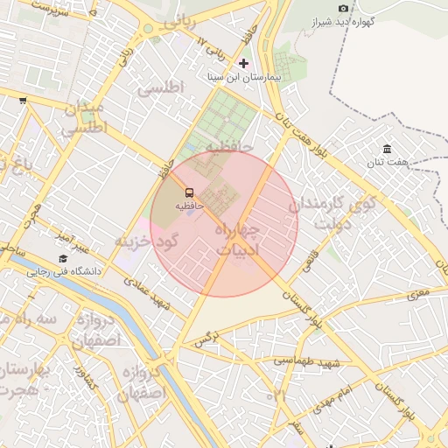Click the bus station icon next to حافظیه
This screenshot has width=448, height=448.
click(x=189, y=192)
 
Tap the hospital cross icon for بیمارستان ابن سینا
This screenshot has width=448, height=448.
click(x=243, y=63)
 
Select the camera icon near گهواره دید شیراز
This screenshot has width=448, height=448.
click(x=342, y=8)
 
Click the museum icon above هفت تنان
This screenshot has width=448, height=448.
click(x=388, y=149)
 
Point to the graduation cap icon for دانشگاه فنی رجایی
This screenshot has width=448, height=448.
click(x=63, y=259)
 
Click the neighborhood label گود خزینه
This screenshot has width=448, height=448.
click(x=147, y=240)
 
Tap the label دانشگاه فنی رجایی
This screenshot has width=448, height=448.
click(x=67, y=272)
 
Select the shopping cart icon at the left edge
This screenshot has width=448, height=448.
click(x=22, y=101)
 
